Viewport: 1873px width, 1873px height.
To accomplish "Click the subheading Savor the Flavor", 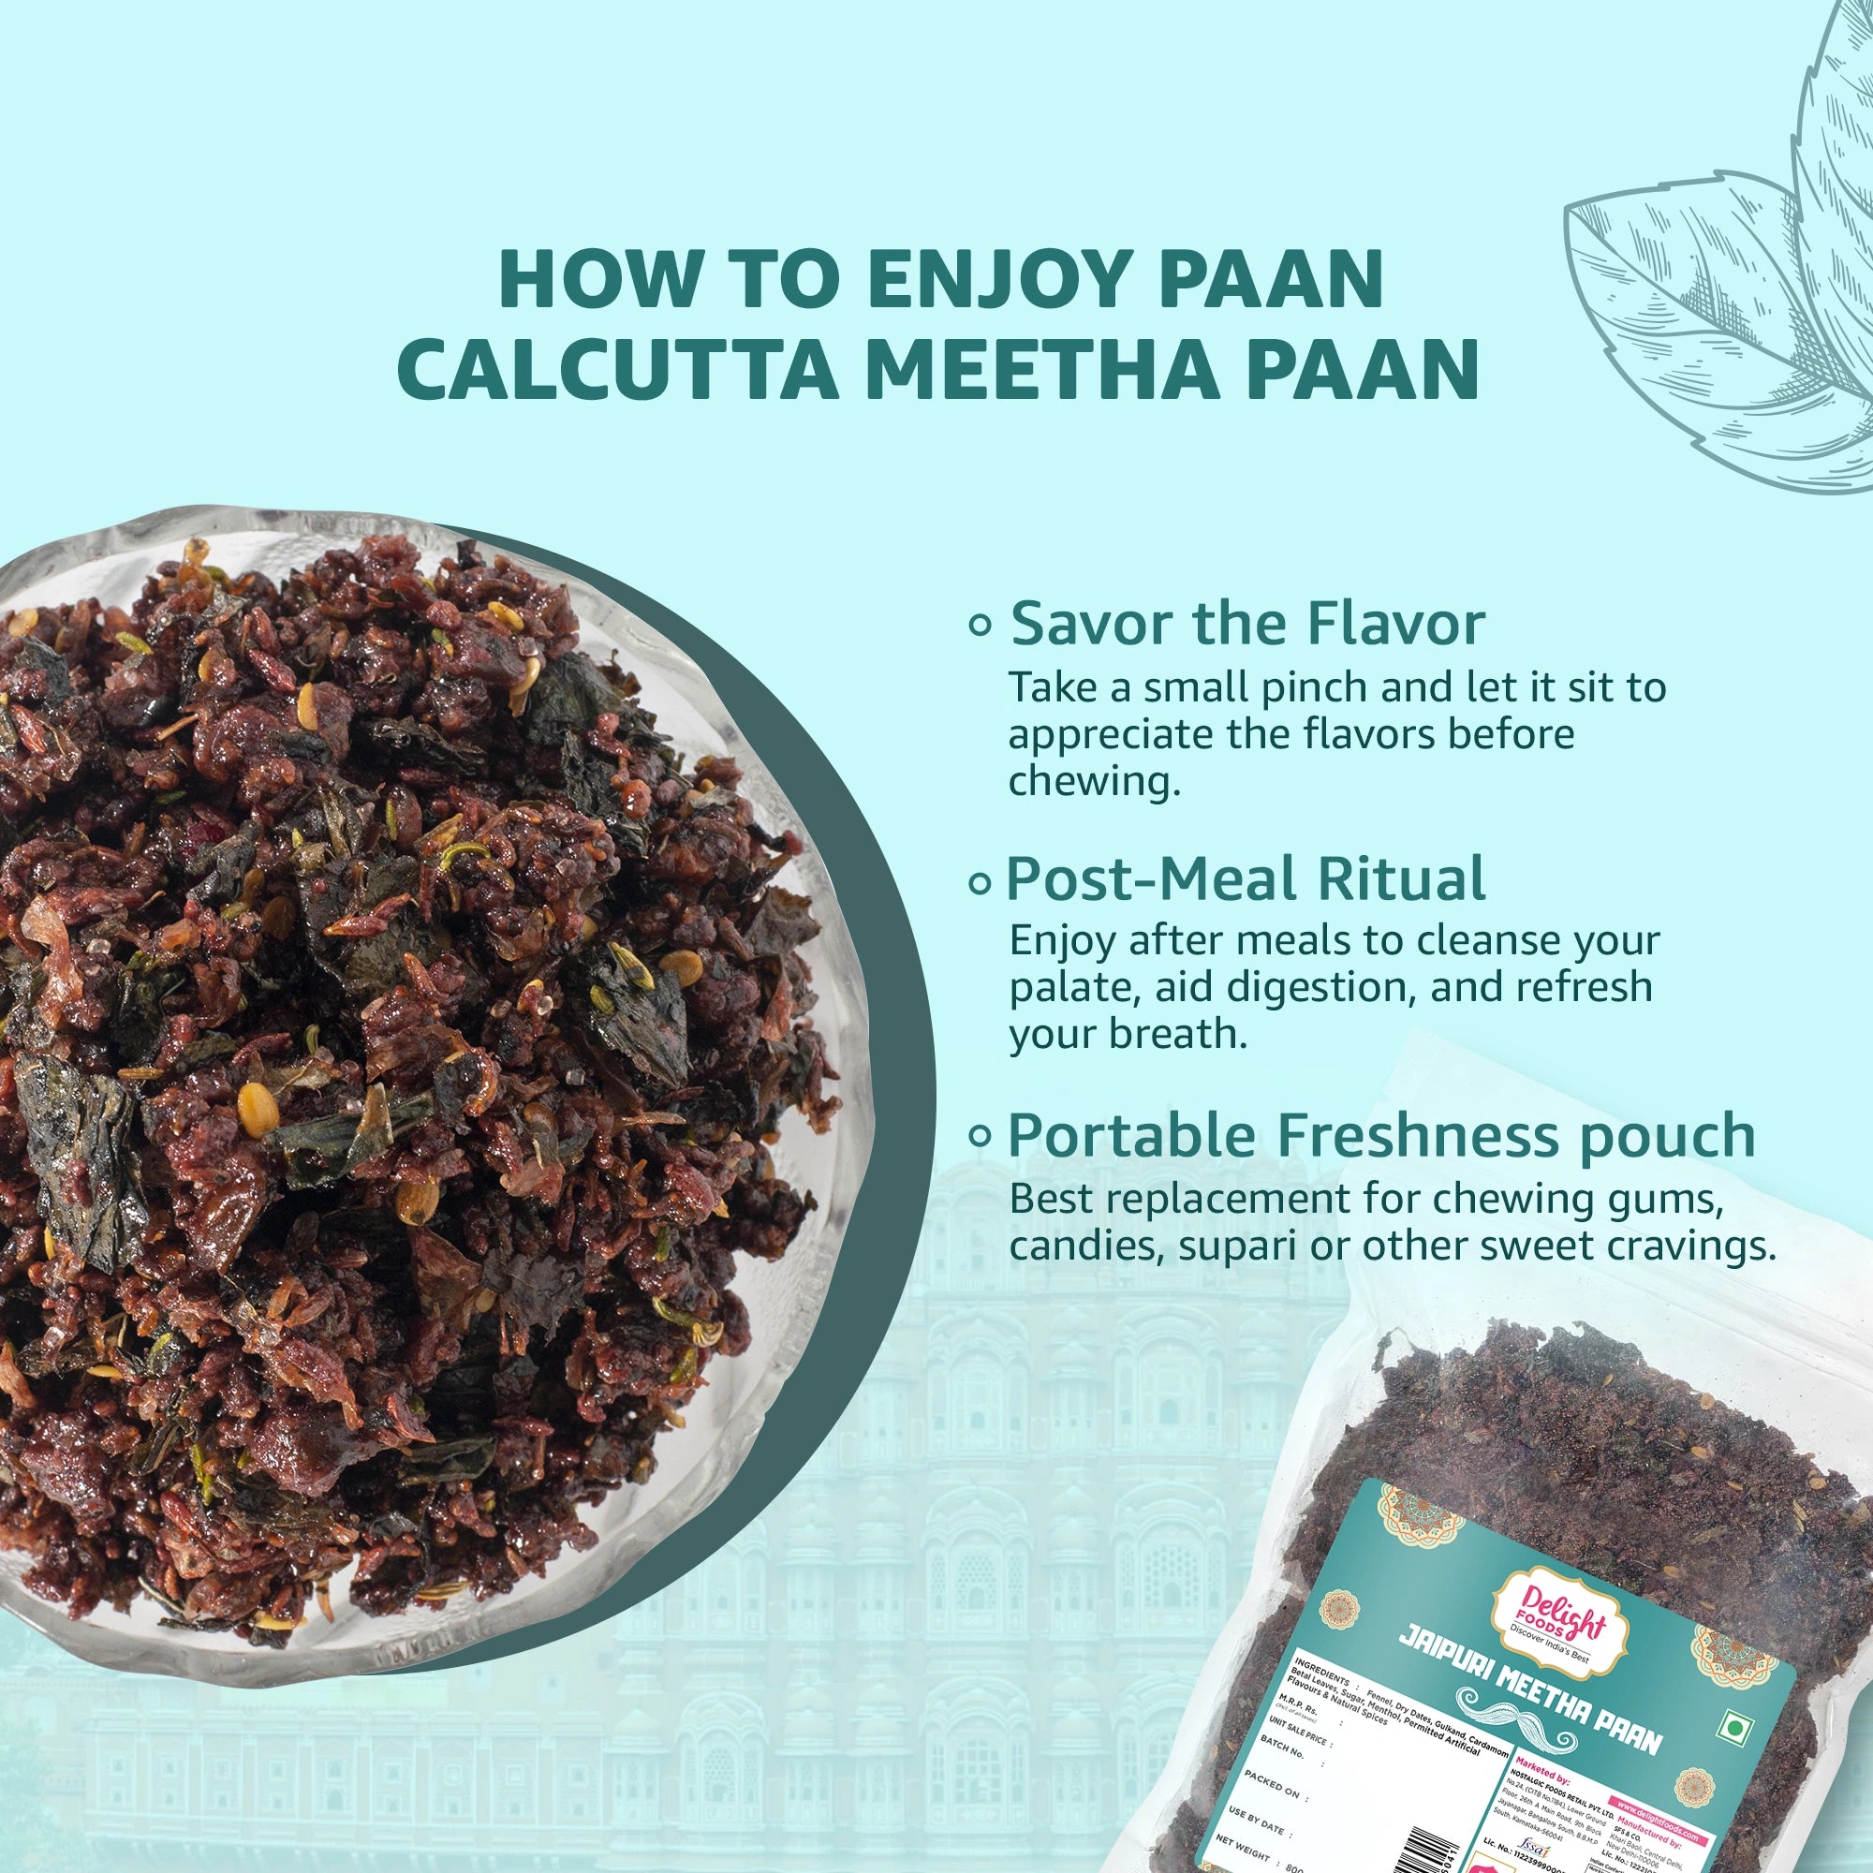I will pyautogui.click(x=1247, y=624).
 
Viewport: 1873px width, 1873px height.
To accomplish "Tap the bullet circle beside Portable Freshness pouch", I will pyautogui.click(x=981, y=1134).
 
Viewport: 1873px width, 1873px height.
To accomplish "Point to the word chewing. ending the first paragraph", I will pyautogui.click(x=1095, y=781).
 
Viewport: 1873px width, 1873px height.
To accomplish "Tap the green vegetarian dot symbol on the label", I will pyautogui.click(x=1734, y=1728).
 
